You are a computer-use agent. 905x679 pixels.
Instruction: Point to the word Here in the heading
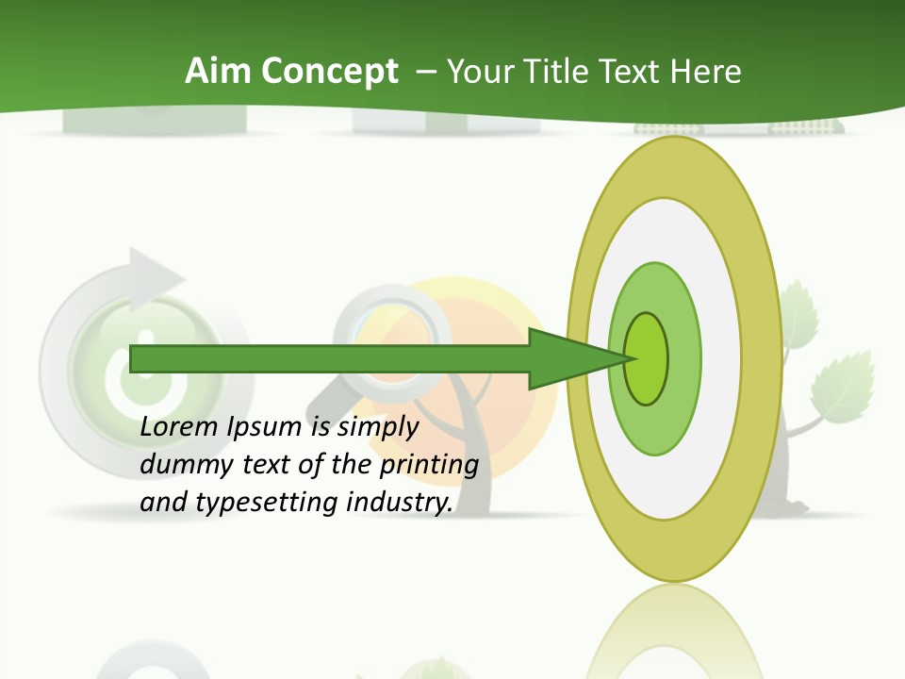coord(705,72)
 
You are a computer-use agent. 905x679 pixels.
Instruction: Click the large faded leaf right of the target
coord(841,388)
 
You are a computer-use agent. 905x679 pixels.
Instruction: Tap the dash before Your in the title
coord(425,72)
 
